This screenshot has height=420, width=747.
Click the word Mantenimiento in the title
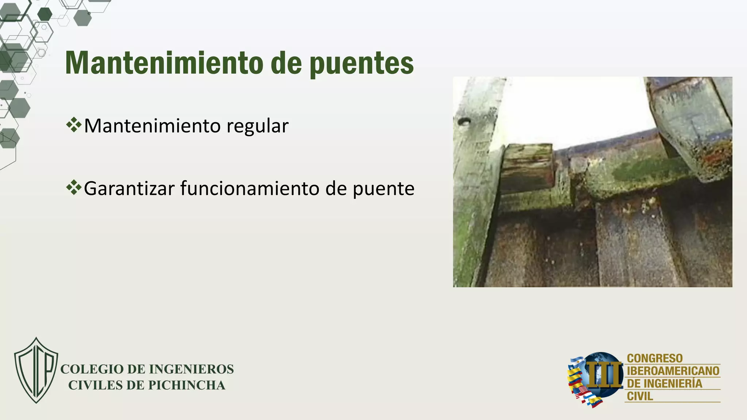[164, 63]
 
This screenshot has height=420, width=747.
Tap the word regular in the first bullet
[258, 126]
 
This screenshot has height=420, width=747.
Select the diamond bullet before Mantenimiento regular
[74, 125]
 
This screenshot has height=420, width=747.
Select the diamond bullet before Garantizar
[74, 187]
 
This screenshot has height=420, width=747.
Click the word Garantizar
[129, 188]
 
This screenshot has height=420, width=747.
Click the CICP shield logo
[36, 370]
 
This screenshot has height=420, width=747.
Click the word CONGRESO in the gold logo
[654, 358]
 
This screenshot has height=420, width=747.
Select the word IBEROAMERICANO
[673, 371]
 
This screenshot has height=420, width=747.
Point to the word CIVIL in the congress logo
[640, 396]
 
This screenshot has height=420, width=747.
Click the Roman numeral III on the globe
[604, 374]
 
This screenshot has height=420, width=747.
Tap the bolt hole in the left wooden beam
[464, 121]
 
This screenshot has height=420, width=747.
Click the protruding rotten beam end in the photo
[527, 167]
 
